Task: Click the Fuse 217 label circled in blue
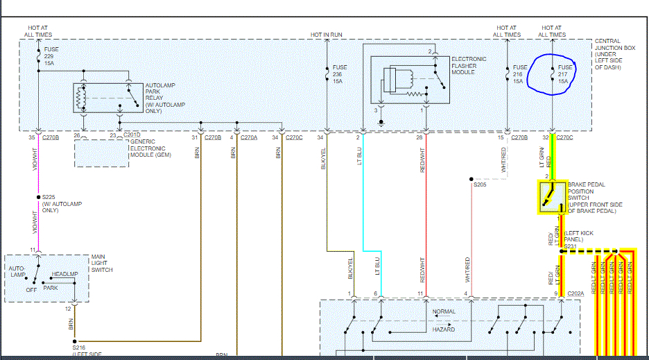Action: [x=563, y=74]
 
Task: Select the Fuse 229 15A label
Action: [x=51, y=56]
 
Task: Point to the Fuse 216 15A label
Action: [x=519, y=74]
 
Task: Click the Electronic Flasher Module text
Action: [x=469, y=66]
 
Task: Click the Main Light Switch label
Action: [x=103, y=264]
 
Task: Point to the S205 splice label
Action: [x=481, y=185]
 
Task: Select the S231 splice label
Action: [x=570, y=246]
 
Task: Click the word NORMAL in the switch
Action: [x=444, y=312]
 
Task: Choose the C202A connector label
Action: [x=576, y=294]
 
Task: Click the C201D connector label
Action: [x=131, y=135]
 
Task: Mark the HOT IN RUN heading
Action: [x=327, y=34]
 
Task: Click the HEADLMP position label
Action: [x=65, y=275]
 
